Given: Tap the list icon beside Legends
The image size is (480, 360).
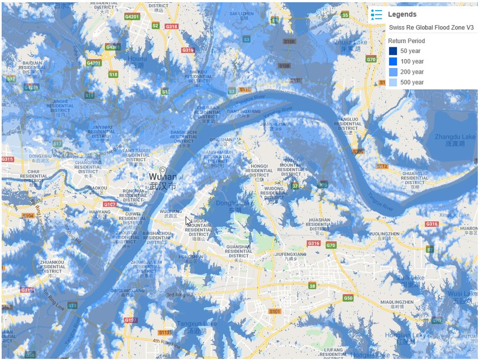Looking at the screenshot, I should coord(377,14).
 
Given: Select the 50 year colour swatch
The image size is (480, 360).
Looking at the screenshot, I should coord(393,51).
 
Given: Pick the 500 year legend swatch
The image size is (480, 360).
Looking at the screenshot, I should coord(393,82).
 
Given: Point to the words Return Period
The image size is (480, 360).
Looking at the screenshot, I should coord(406,41).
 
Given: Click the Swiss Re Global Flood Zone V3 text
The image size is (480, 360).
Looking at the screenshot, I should coord(431,27).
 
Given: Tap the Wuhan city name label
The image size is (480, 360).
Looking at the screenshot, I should coord(163,177).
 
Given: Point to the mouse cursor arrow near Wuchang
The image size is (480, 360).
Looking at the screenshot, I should coord(188,221).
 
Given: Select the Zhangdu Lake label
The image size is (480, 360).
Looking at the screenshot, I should coord(455,137).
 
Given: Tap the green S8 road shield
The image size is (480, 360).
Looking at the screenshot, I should coord(312,286).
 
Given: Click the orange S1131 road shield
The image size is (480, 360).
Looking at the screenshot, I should coord(166,332).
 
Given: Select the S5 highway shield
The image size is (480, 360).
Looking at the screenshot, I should coord(345,15).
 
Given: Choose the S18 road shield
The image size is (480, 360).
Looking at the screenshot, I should coord(113,74).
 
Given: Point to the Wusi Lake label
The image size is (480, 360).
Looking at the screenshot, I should coord(462,293).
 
